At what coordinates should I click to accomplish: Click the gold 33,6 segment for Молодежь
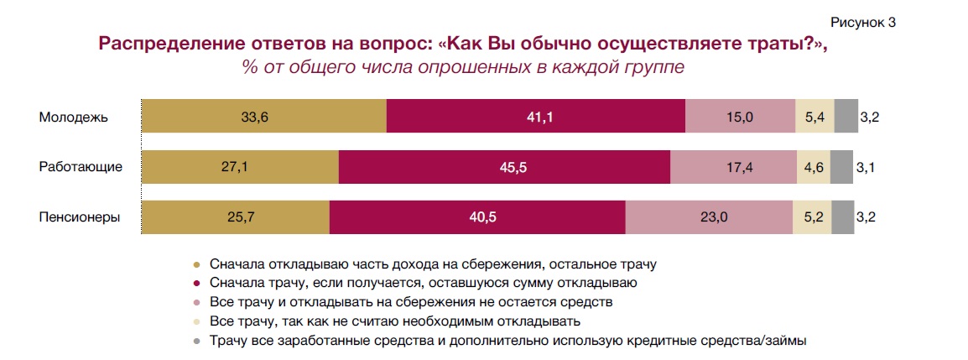(263, 117)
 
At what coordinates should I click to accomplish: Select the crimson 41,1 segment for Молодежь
(536, 117)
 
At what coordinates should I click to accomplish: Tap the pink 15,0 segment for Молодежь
(740, 117)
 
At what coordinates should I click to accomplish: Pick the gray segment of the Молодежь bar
(846, 117)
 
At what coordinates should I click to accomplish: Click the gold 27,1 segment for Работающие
(240, 167)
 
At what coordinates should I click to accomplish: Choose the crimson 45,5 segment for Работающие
(504, 167)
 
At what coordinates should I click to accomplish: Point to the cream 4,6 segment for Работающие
(813, 167)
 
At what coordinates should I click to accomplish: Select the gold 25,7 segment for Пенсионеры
(235, 217)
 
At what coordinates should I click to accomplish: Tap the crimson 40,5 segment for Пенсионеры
(477, 217)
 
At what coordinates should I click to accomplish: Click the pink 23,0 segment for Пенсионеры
(710, 217)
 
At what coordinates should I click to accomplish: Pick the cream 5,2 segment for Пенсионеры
(812, 217)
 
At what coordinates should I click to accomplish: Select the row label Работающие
(81, 167)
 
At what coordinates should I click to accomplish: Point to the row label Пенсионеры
(80, 217)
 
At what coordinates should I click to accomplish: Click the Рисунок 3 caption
(862, 22)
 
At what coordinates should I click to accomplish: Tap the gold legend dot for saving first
(197, 263)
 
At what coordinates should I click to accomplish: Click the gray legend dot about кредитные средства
(197, 341)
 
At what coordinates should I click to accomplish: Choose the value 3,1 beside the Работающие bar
(866, 168)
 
